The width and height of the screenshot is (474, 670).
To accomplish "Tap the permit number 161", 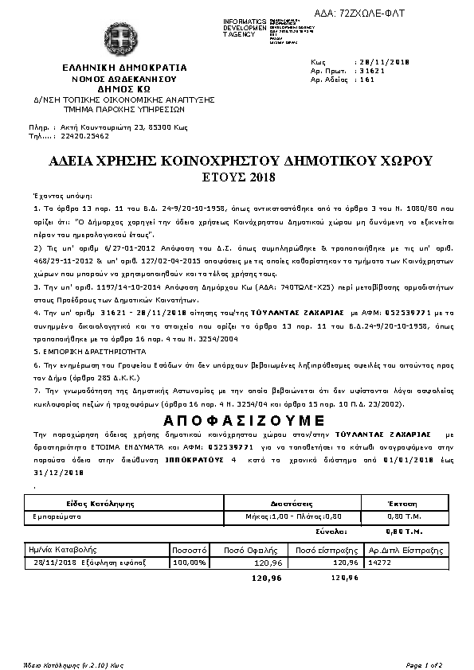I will tap(367, 80).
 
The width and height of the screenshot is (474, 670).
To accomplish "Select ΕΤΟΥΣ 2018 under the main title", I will tap(236, 176).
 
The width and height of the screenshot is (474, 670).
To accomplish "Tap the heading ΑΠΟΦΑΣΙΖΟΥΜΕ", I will tap(236, 421).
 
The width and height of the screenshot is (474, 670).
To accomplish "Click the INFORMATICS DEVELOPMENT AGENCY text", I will tap(222, 27).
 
